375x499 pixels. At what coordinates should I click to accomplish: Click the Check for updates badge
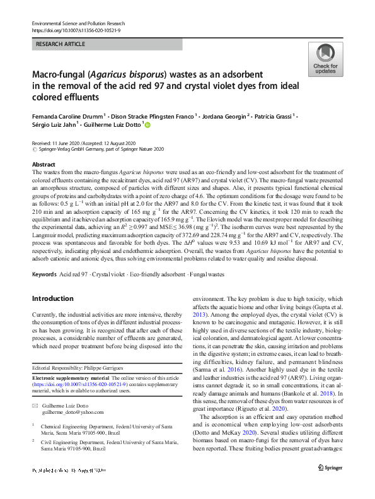(x=325, y=61)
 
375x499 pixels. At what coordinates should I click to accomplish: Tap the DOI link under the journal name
(x=72, y=30)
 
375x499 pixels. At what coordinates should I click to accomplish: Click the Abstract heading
(x=44, y=164)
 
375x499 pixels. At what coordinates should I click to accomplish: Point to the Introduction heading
(x=52, y=298)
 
